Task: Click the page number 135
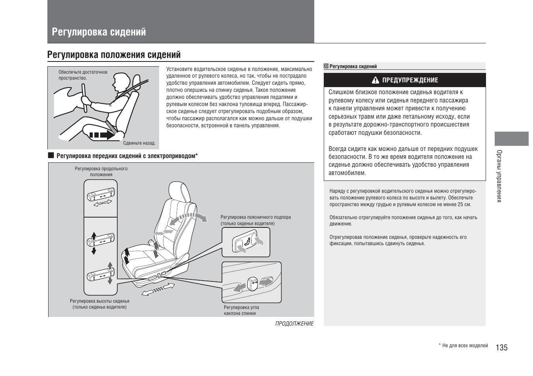pos(502,347)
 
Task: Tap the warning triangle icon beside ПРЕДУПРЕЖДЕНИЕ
pos(375,80)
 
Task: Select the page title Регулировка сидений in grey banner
pos(99,32)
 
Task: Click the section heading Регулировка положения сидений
pos(114,54)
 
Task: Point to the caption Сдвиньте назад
pos(139,143)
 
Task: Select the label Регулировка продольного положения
pos(101,171)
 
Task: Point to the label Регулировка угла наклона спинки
pos(241,310)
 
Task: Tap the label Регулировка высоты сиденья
pos(99,304)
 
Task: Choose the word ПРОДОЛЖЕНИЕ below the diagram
pos(294,324)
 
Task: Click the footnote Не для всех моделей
pos(465,346)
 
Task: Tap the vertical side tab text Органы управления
pos(499,176)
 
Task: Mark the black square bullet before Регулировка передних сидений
pos(51,155)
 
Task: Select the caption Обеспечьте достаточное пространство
pos(83,75)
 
